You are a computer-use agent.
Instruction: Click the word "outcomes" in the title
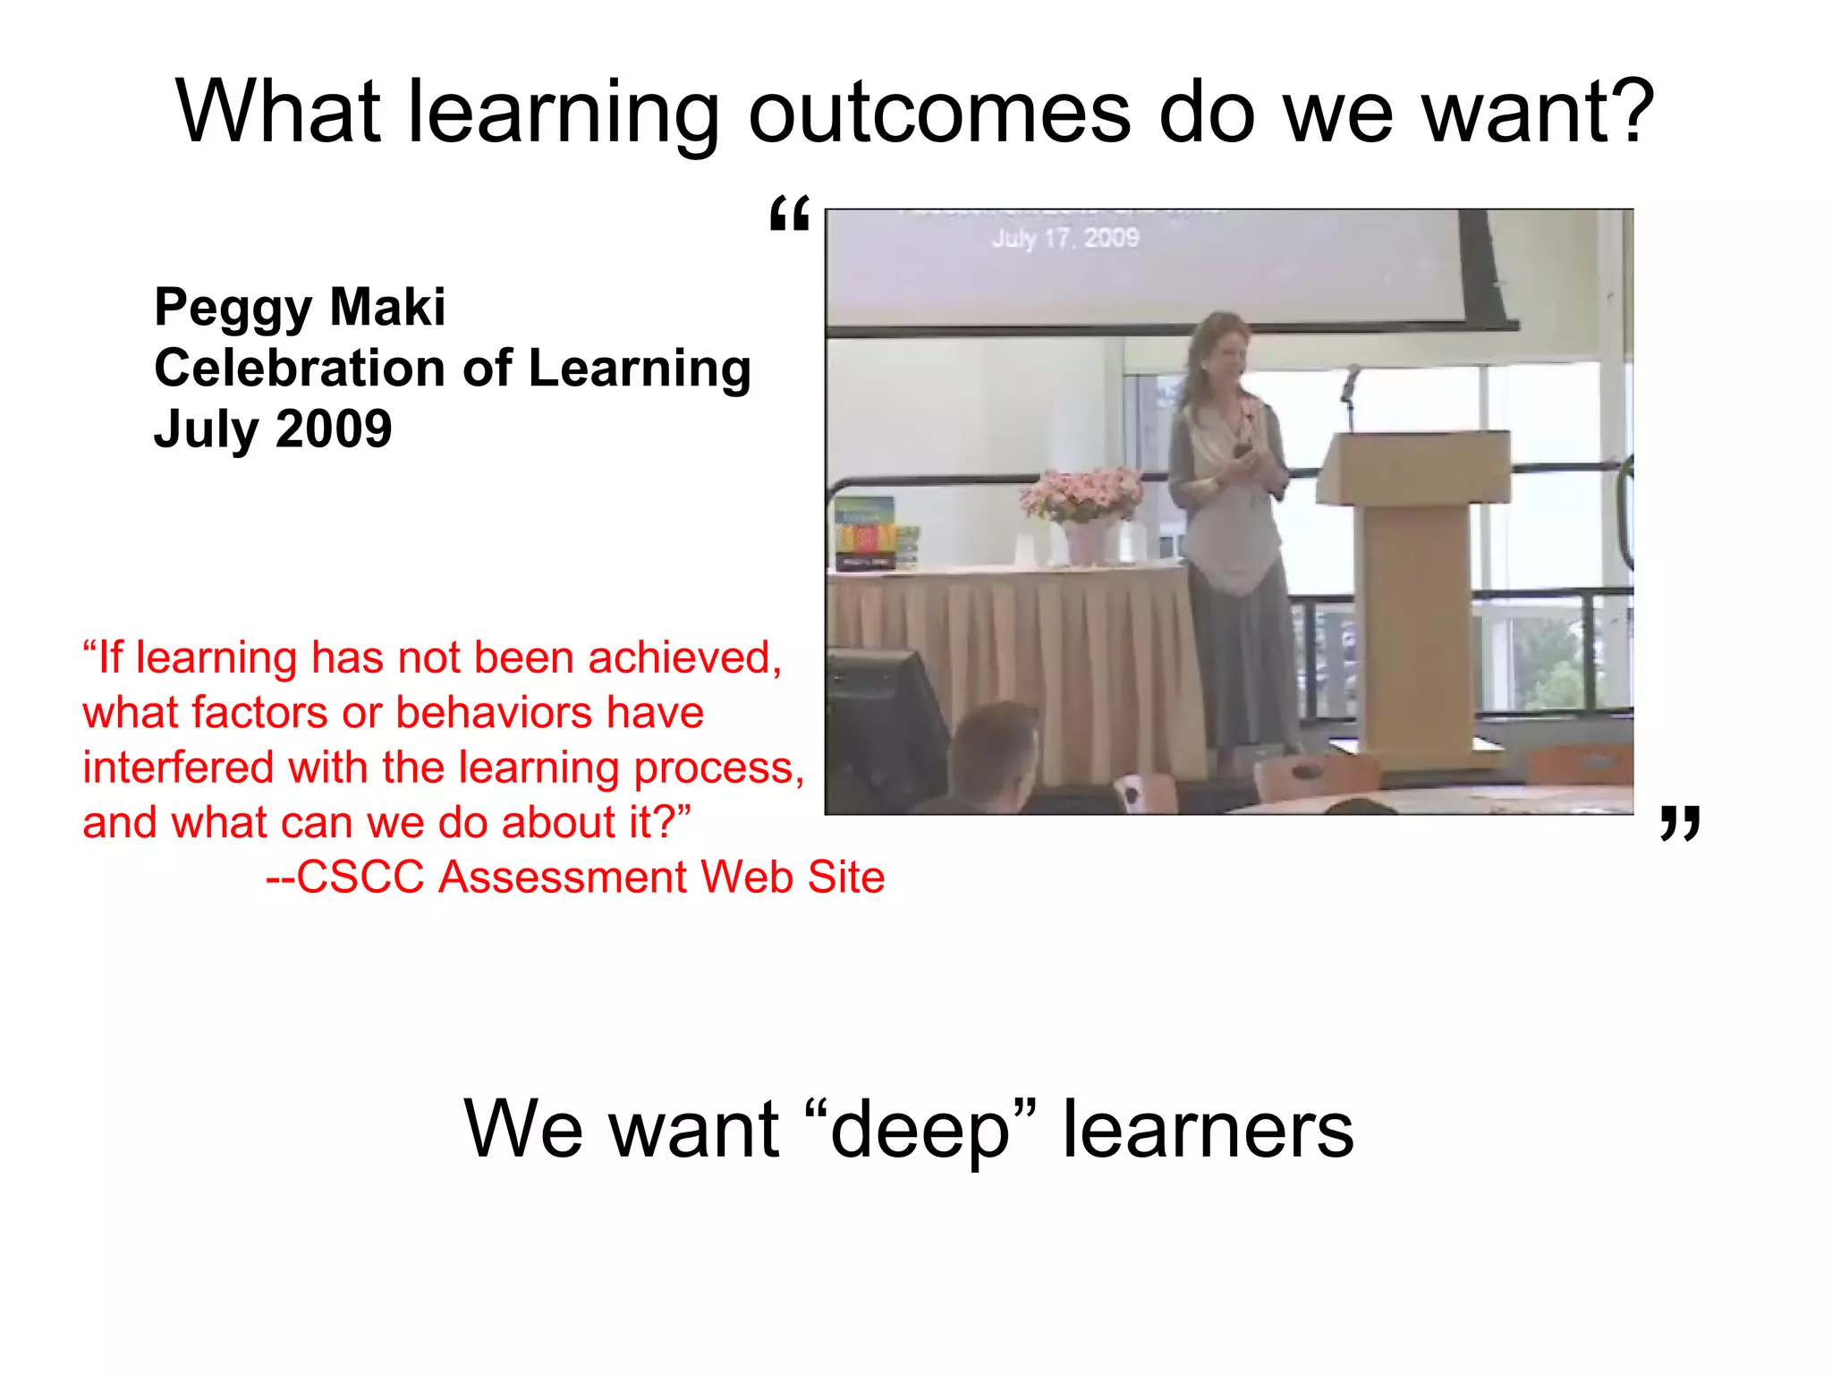(x=940, y=114)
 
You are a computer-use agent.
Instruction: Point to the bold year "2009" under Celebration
(x=334, y=428)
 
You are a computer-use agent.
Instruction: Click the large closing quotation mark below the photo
(x=1679, y=822)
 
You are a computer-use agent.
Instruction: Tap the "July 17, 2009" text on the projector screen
(x=1064, y=238)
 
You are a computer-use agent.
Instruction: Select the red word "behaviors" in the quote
(x=495, y=713)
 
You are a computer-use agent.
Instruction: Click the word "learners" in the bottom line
(x=1208, y=1130)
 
